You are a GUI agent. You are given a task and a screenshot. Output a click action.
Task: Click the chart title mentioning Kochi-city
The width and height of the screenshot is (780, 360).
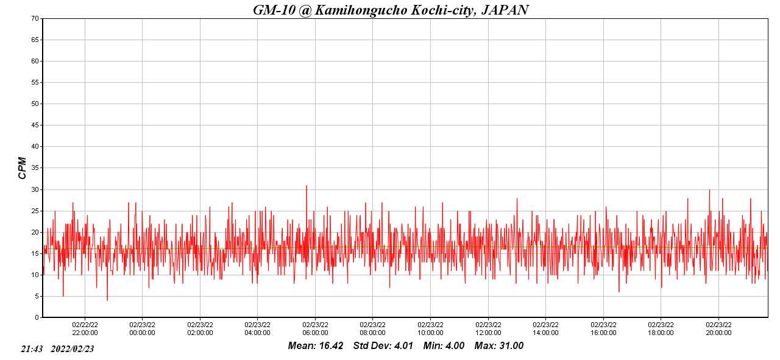tap(390, 10)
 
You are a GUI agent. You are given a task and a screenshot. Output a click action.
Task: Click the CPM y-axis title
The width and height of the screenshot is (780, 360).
tap(23, 168)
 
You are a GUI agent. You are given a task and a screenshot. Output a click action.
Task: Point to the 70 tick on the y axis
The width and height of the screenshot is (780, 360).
tap(35, 18)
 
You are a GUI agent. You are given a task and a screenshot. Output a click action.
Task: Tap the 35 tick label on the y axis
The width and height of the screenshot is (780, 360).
tap(35, 168)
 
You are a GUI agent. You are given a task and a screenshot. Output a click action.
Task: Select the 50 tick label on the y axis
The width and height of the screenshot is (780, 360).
tap(35, 104)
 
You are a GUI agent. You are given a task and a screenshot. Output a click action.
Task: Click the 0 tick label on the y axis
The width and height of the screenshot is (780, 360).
tap(37, 317)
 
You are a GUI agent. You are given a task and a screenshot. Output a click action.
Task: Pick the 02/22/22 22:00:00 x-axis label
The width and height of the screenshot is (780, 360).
tap(85, 329)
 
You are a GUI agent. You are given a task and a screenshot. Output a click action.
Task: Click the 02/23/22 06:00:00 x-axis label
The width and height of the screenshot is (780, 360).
tap(315, 329)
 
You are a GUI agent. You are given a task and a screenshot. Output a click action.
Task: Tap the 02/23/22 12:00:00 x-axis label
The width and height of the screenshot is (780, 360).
tap(488, 329)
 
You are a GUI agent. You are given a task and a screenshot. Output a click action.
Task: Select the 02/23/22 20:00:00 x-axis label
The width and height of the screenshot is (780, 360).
tap(718, 329)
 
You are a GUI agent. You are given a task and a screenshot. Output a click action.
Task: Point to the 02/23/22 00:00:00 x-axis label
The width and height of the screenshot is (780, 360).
tap(142, 329)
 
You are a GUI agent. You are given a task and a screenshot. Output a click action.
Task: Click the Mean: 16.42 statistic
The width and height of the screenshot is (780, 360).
tap(316, 346)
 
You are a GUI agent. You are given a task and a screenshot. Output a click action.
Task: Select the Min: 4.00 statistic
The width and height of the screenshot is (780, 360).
tap(444, 346)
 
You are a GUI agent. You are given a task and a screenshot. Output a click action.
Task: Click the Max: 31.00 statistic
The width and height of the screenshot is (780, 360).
tap(499, 346)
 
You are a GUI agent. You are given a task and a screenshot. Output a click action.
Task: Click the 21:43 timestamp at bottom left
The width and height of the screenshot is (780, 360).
tap(32, 349)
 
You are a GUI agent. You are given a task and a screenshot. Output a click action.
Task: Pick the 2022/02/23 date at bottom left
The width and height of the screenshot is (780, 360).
tap(72, 349)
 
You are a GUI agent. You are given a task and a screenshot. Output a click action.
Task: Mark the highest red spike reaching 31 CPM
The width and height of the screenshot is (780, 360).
tap(307, 186)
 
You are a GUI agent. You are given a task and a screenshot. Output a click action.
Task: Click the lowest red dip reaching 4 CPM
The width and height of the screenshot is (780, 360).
tap(107, 300)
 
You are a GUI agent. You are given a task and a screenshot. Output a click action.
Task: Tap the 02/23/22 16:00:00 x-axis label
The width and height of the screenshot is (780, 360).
tap(603, 329)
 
